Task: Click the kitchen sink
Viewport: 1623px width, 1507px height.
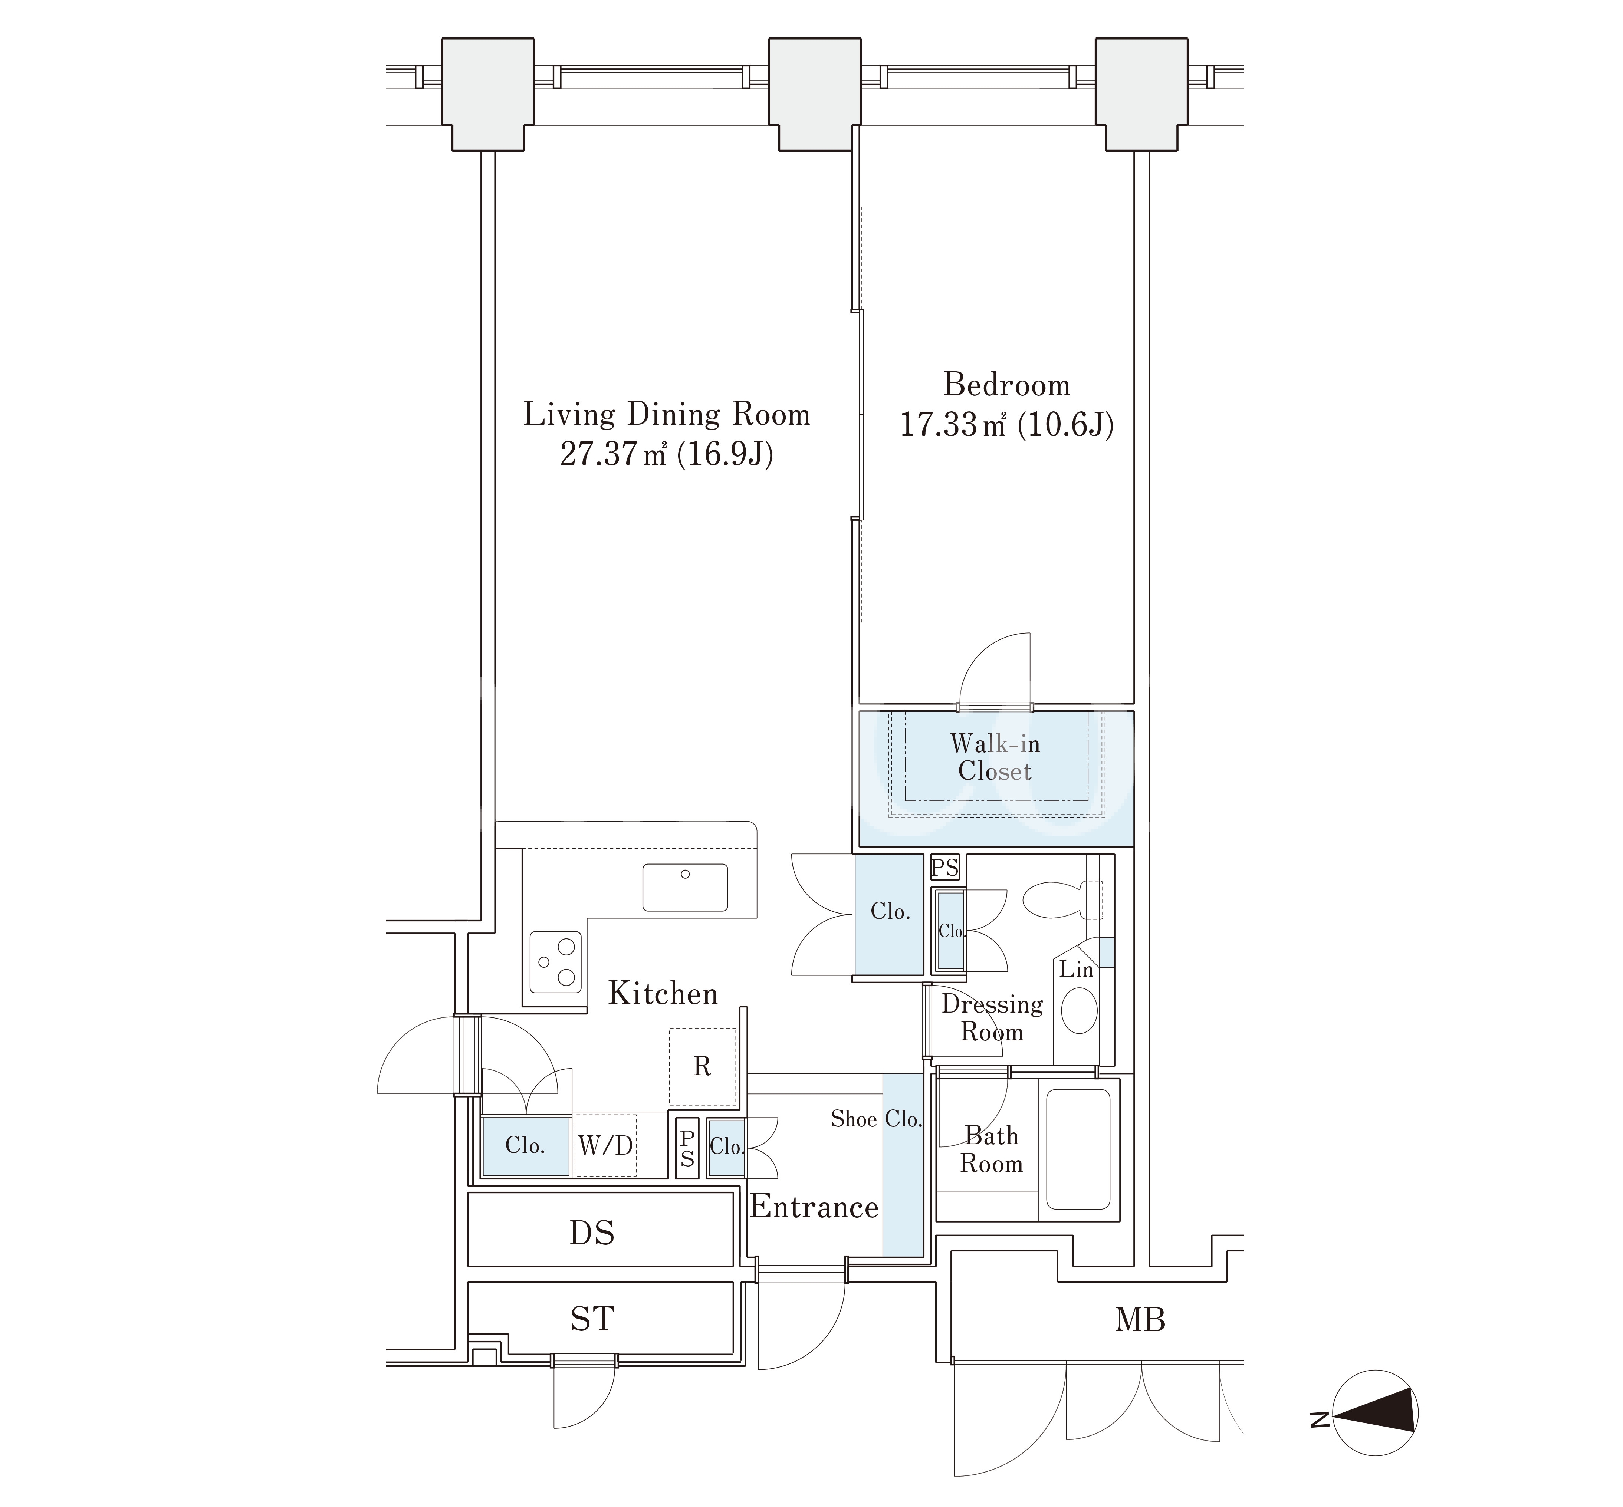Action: pos(685,887)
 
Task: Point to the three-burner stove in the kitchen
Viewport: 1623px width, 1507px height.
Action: pos(555,962)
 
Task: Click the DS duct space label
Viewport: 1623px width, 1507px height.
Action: pos(592,1233)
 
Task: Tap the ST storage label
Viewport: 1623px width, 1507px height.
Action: pos(592,1319)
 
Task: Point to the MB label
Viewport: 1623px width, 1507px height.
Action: pos(1140,1319)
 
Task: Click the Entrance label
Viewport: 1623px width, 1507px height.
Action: pos(814,1207)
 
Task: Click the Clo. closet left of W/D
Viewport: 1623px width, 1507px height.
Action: pos(525,1146)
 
